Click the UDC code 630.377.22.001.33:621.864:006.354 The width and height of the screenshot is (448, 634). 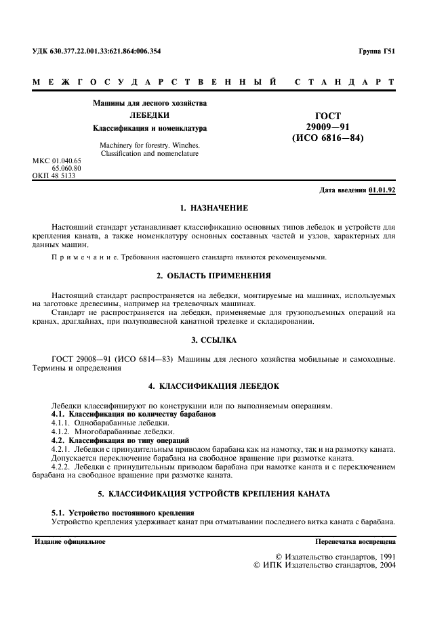pyautogui.click(x=96, y=51)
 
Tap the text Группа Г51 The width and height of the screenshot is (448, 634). pyautogui.click(x=377, y=51)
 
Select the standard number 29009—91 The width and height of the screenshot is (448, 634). pyautogui.click(x=328, y=127)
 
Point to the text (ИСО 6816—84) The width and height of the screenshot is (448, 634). pyautogui.click(x=328, y=139)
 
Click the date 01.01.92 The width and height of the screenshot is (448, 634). pyautogui.click(x=382, y=190)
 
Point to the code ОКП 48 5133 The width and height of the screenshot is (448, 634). pyautogui.click(x=54, y=176)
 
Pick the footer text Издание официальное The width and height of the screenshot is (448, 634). pyautogui.click(x=70, y=543)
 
